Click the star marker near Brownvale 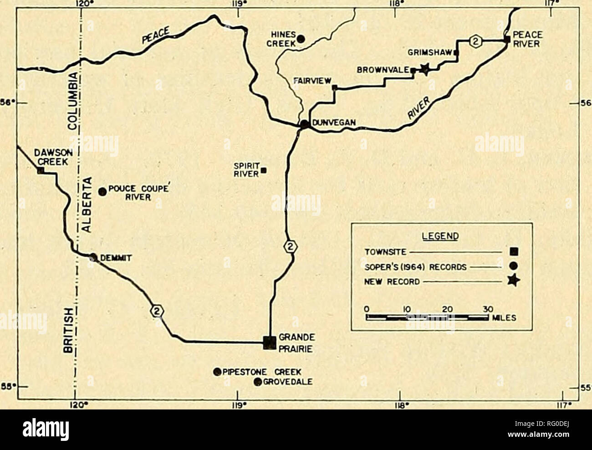[424, 69]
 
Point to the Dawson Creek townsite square [40, 170]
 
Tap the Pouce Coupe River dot [102, 191]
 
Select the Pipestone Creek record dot [217, 372]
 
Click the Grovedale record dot [257, 382]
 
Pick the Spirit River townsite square [264, 171]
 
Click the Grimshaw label [430, 52]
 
